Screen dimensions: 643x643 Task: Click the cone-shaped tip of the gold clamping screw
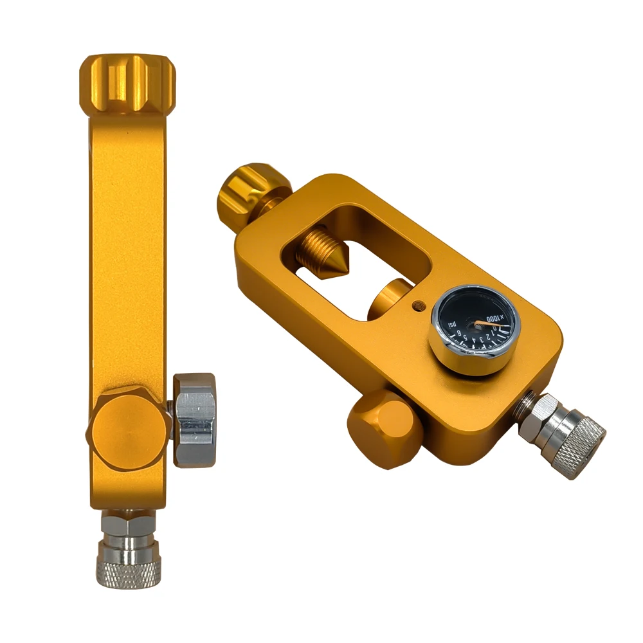click(x=337, y=264)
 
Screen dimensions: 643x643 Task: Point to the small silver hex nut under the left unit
click(x=127, y=525)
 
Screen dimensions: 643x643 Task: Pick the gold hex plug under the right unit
click(x=380, y=428)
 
